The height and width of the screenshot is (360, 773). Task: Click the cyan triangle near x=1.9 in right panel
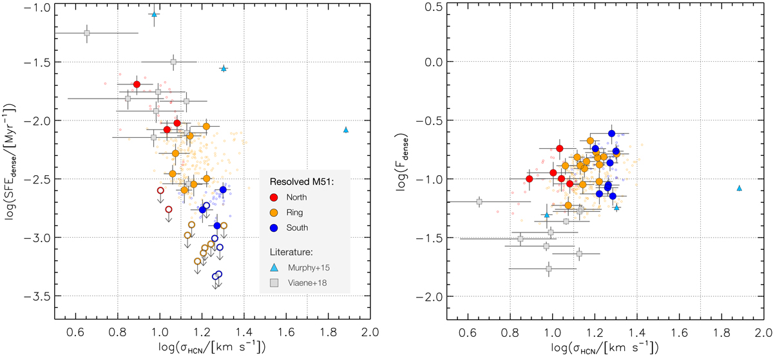click(x=739, y=188)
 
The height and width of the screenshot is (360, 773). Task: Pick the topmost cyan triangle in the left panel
click(x=154, y=14)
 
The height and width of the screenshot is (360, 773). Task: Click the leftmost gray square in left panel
click(x=87, y=33)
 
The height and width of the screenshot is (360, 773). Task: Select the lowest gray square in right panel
click(x=549, y=269)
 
